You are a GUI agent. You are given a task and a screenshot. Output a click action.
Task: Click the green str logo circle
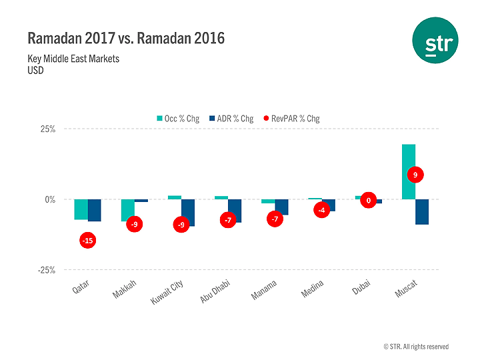pyautogui.click(x=435, y=41)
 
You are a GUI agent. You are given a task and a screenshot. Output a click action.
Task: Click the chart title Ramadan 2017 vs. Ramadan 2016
pyautogui.click(x=126, y=38)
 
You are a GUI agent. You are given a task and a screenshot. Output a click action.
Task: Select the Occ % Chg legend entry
pyautogui.click(x=177, y=119)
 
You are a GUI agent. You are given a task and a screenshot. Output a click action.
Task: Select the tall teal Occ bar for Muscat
pyautogui.click(x=409, y=171)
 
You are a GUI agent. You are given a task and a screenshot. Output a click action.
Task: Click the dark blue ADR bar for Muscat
pyautogui.click(x=422, y=212)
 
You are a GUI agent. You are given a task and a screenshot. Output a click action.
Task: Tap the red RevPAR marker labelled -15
pyautogui.click(x=87, y=240)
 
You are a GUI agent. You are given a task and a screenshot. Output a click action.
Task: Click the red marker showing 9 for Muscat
pyautogui.click(x=415, y=175)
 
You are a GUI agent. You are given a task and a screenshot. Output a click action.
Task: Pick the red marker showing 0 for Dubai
pyautogui.click(x=369, y=200)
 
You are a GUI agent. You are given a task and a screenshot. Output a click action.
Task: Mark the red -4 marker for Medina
pyautogui.click(x=322, y=211)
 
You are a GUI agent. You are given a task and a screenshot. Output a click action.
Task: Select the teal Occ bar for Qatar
pyautogui.click(x=81, y=209)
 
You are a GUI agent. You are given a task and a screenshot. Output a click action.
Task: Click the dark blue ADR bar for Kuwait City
pyautogui.click(x=188, y=213)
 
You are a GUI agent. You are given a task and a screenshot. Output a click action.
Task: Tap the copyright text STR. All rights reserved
pyautogui.click(x=416, y=347)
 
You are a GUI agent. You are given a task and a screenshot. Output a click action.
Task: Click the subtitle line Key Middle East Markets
pyautogui.click(x=73, y=59)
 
